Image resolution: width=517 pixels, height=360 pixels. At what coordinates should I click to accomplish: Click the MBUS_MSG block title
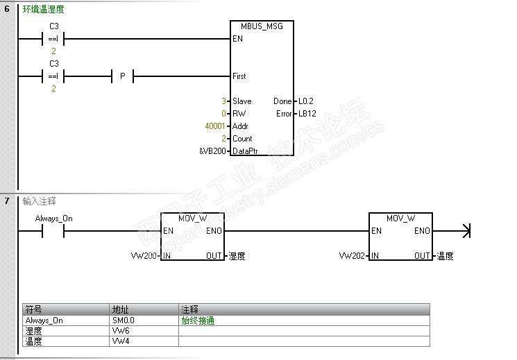(x=262, y=26)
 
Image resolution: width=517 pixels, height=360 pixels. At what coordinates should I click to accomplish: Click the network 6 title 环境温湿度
(x=44, y=10)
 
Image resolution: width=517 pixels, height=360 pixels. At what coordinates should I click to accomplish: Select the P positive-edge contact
(x=122, y=76)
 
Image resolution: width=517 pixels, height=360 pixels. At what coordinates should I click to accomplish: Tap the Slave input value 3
(x=224, y=101)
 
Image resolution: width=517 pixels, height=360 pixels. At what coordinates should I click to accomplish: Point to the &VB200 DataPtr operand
(x=212, y=151)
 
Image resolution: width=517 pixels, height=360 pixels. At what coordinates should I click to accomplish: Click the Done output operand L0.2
(x=306, y=101)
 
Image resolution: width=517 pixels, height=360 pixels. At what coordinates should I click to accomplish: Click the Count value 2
(x=224, y=139)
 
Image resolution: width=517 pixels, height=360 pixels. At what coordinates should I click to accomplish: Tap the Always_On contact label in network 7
(x=53, y=218)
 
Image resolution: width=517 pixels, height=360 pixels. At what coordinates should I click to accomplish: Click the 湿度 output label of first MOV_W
(x=237, y=256)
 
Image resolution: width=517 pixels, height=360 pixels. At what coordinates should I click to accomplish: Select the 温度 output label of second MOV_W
(x=445, y=256)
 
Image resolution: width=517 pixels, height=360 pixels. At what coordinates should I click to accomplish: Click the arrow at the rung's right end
(x=466, y=231)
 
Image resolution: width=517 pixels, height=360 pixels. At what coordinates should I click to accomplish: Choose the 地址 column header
(x=119, y=309)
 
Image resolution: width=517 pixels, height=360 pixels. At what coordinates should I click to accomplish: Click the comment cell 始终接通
(x=198, y=320)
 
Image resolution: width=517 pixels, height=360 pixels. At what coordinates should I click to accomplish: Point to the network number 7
(x=7, y=201)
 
